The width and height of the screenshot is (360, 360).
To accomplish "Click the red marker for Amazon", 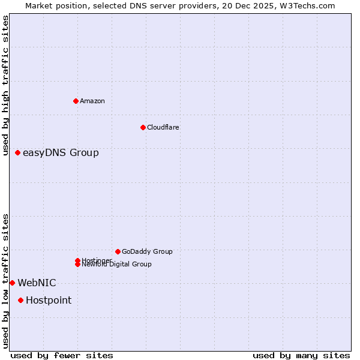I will coord(76,101).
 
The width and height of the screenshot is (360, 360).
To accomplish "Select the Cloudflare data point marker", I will coord(143,127).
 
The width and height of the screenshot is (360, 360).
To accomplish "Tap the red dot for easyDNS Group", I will coord(18,153).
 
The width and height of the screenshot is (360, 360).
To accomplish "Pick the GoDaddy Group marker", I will coord(118,251).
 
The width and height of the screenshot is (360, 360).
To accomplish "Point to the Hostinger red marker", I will coord(77,260).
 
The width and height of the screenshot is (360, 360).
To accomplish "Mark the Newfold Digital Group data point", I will coord(77,265).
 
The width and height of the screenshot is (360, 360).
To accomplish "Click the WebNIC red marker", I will coord(12,283).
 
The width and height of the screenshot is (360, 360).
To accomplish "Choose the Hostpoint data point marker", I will coord(21,300).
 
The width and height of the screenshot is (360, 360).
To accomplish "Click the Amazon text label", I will coord(92,101).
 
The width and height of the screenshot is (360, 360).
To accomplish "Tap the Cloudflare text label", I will coord(163,127).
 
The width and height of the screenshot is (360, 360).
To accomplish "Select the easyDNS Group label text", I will coord(61,153).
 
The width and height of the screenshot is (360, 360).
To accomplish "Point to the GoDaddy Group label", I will coord(147,251).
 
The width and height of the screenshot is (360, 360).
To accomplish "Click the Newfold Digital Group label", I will coord(117,265).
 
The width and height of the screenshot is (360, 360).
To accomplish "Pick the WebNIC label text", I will coord(37,283).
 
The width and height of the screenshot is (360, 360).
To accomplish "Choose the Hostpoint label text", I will coord(49,301).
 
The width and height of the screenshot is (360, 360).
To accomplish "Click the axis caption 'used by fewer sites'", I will coord(62,355).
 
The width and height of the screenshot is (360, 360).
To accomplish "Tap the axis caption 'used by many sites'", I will coord(301,355).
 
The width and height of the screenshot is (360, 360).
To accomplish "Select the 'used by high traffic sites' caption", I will coord(5,85).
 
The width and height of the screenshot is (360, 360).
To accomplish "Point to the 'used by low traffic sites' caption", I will coord(5,281).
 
